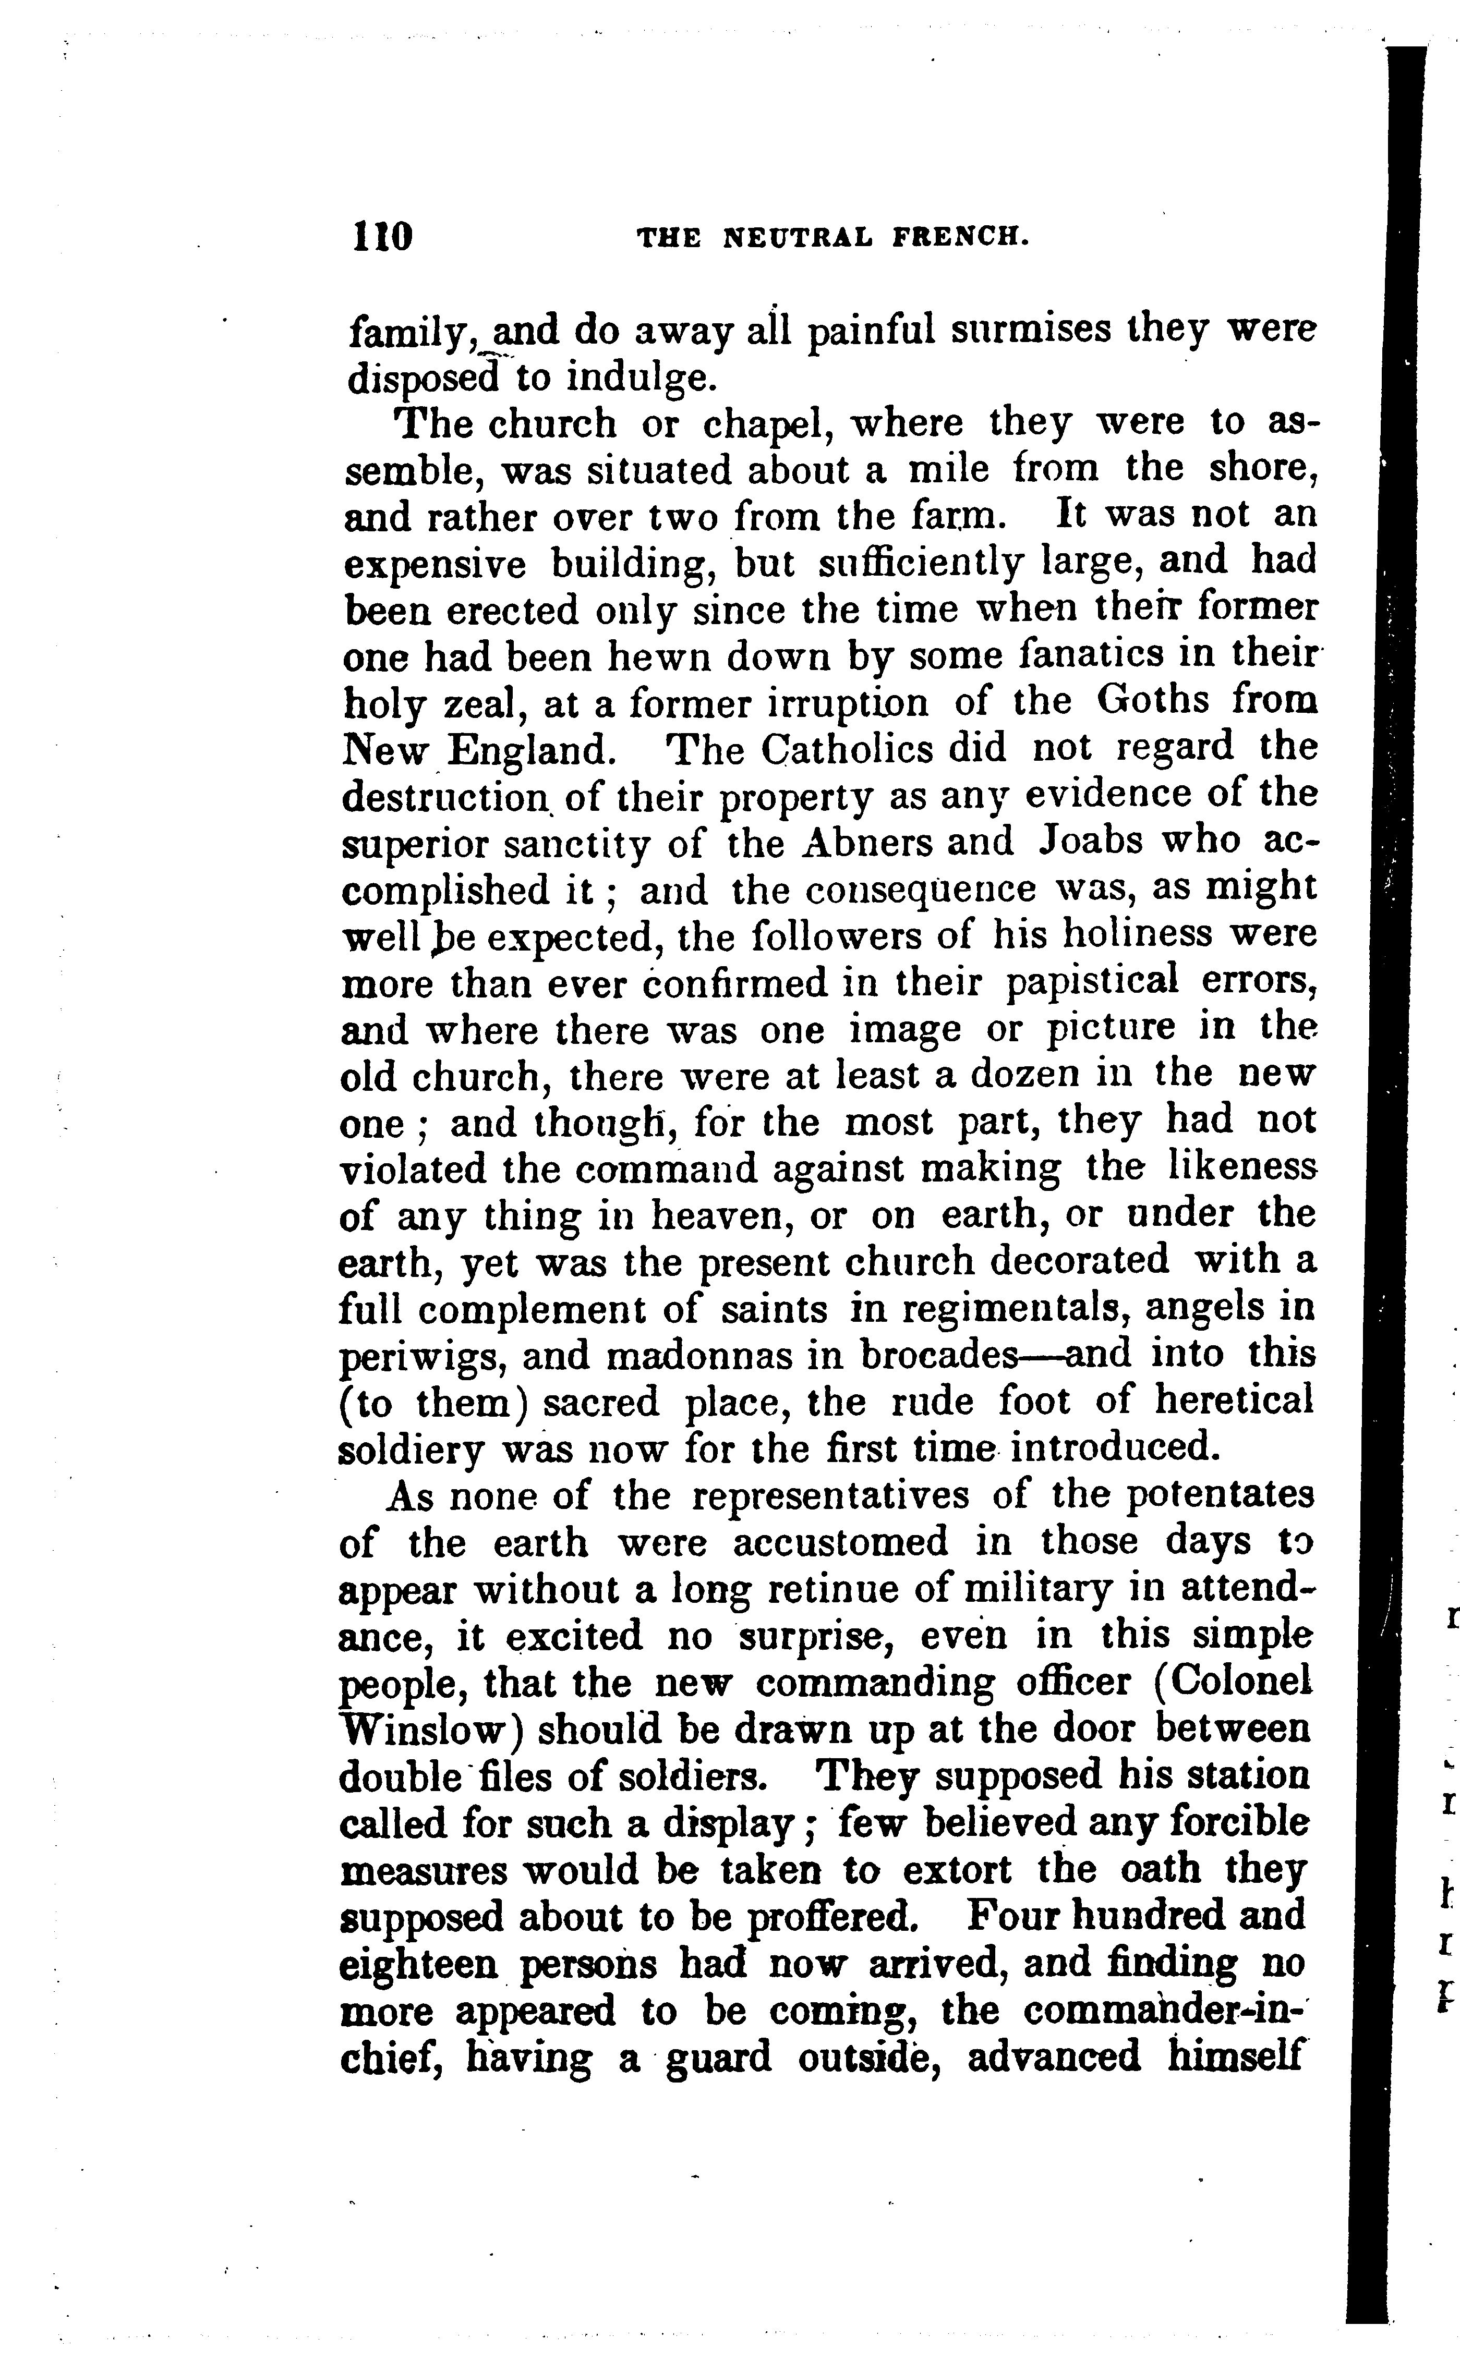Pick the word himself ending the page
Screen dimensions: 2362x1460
[x=1236, y=2057]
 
